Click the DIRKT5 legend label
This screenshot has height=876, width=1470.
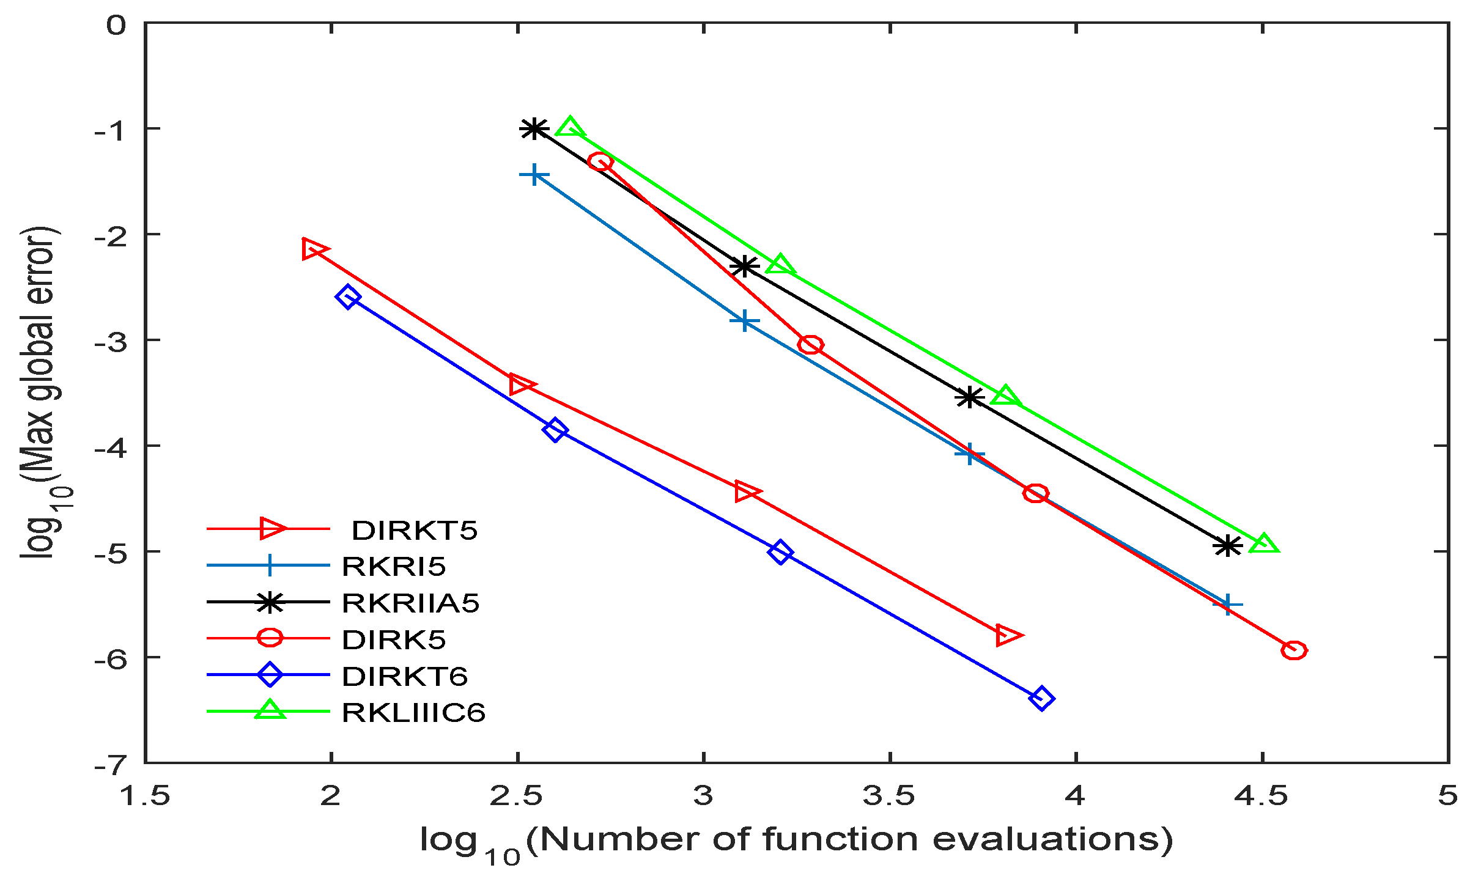click(414, 531)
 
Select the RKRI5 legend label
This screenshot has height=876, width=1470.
click(394, 567)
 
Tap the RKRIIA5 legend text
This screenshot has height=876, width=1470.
click(410, 603)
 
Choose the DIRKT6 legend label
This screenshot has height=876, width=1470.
click(405, 676)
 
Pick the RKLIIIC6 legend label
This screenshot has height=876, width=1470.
click(413, 713)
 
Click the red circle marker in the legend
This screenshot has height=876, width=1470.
click(270, 638)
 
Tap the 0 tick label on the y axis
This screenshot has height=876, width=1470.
click(116, 26)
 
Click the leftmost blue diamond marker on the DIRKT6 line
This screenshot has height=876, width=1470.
click(348, 297)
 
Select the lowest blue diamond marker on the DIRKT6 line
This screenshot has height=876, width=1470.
click(1041, 698)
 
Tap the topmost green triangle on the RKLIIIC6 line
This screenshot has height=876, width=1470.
click(570, 128)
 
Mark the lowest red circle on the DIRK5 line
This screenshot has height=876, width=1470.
click(1294, 650)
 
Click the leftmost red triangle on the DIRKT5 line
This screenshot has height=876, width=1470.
click(314, 249)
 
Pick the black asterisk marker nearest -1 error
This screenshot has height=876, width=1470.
click(534, 129)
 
